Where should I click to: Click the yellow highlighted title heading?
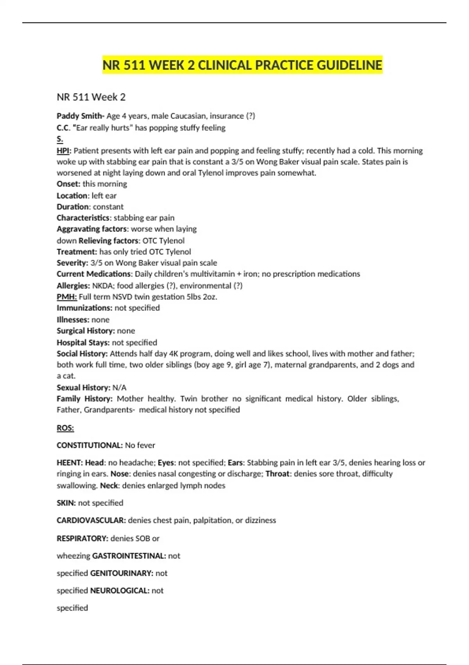click(242, 65)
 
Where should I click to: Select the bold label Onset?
click(68, 184)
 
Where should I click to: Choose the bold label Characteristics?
click(83, 218)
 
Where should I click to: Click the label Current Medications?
click(94, 274)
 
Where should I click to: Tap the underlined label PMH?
click(66, 297)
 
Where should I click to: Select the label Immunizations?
click(84, 308)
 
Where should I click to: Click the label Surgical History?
click(86, 331)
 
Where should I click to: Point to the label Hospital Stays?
click(83, 342)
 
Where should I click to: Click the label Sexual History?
click(83, 387)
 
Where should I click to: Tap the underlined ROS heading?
click(65, 428)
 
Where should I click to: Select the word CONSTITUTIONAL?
click(90, 445)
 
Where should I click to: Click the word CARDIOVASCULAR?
click(91, 520)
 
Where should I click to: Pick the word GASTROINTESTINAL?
click(129, 555)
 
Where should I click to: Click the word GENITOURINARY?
click(122, 573)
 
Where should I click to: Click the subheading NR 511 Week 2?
click(91, 97)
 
